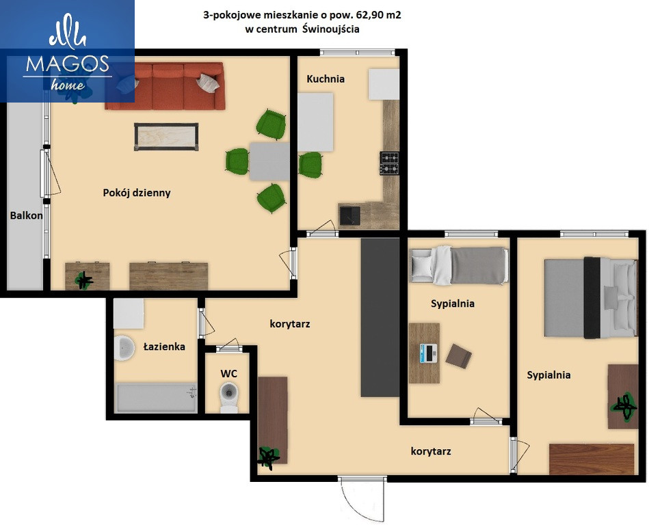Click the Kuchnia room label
click(326, 79)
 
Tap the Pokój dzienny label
click(137, 193)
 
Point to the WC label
click(228, 373)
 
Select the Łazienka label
click(164, 347)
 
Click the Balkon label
click(27, 215)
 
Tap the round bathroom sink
click(124, 348)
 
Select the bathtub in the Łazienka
click(157, 399)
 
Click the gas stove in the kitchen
click(390, 163)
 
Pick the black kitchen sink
click(349, 215)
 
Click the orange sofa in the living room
click(165, 86)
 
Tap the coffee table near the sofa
click(166, 137)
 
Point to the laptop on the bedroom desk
click(428, 353)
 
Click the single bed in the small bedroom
click(459, 266)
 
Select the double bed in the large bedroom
click(590, 297)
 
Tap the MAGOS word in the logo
click(68, 64)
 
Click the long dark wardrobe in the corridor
click(380, 317)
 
